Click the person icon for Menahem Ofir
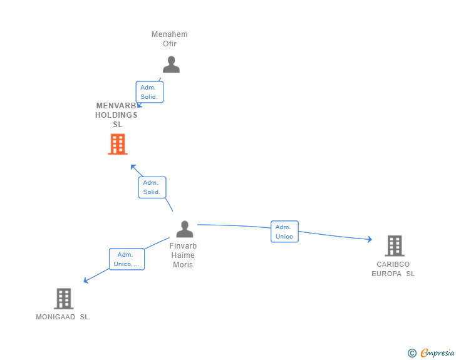pos(171,64)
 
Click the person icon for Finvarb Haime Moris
pos(184,229)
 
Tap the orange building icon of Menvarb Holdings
pos(117,145)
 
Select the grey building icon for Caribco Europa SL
pos(394,246)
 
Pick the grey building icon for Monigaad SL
pos(63,299)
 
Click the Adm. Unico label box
pos(284,232)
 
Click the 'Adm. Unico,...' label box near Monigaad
pos(127,259)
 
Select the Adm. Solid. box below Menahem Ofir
pos(150,92)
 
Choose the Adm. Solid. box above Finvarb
pos(152,187)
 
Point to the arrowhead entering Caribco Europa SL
pos(370,239)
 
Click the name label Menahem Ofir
pos(170,39)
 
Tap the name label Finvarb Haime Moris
pos(183,255)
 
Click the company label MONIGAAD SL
pos(62,317)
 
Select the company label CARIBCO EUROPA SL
pos(393,269)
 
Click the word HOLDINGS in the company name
pos(117,115)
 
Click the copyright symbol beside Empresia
pos(412,353)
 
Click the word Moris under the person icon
pos(183,264)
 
